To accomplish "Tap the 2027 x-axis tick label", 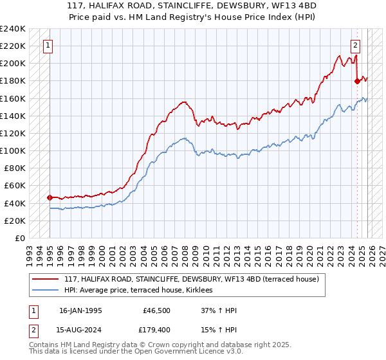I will point(381,250).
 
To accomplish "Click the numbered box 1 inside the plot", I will point(49,45).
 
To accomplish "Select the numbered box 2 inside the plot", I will point(355,45).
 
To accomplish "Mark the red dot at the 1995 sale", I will point(50,197).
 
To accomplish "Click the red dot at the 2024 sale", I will point(357,81).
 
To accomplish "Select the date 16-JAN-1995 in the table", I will point(80,310).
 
